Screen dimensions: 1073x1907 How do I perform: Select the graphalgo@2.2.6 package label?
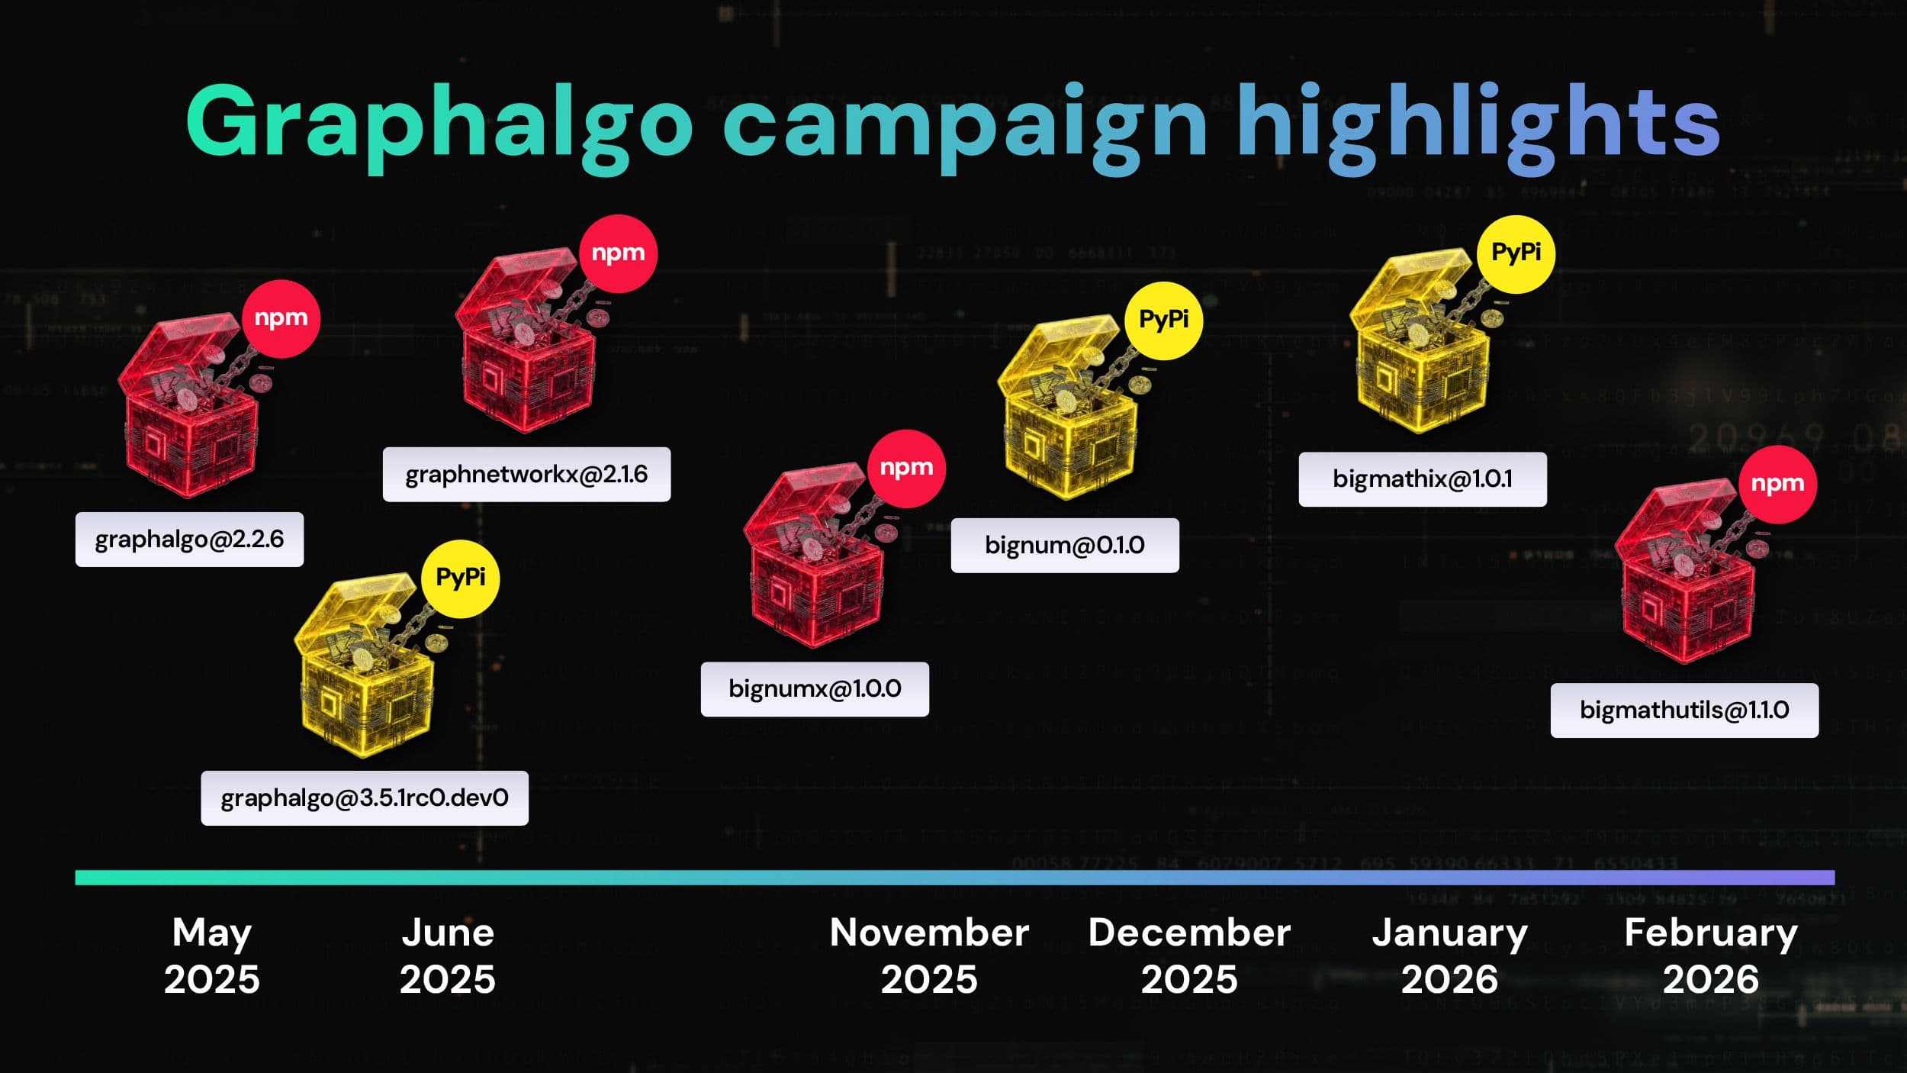pyautogui.click(x=189, y=540)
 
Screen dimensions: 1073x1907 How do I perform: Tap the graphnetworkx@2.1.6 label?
pyautogui.click(x=526, y=475)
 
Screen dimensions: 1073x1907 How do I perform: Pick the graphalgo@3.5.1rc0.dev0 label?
pyautogui.click(x=365, y=798)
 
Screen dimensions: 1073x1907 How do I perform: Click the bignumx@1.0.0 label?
pyautogui.click(x=815, y=689)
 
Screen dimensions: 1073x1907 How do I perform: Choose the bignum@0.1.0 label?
pyautogui.click(x=1064, y=546)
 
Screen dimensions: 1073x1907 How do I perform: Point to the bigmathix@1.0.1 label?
pyautogui.click(x=1423, y=479)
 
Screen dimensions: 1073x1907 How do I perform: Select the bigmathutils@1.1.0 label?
pyautogui.click(x=1684, y=710)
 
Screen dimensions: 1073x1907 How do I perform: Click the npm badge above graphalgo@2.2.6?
pyautogui.click(x=281, y=318)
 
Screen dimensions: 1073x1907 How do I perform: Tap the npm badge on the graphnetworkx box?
pyautogui.click(x=618, y=253)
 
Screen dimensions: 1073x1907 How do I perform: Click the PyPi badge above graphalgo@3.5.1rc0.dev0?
pyautogui.click(x=460, y=578)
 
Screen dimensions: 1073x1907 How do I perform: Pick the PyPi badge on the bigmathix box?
pyautogui.click(x=1516, y=253)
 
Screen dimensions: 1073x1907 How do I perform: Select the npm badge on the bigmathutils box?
pyautogui.click(x=1777, y=484)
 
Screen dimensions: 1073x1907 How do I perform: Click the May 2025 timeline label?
pyautogui.click(x=211, y=955)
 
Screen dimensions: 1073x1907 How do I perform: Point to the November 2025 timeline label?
pyautogui.click(x=928, y=955)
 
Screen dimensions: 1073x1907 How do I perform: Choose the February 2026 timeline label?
pyautogui.click(x=1710, y=955)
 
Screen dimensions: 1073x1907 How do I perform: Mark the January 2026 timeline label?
pyautogui.click(x=1449, y=955)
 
